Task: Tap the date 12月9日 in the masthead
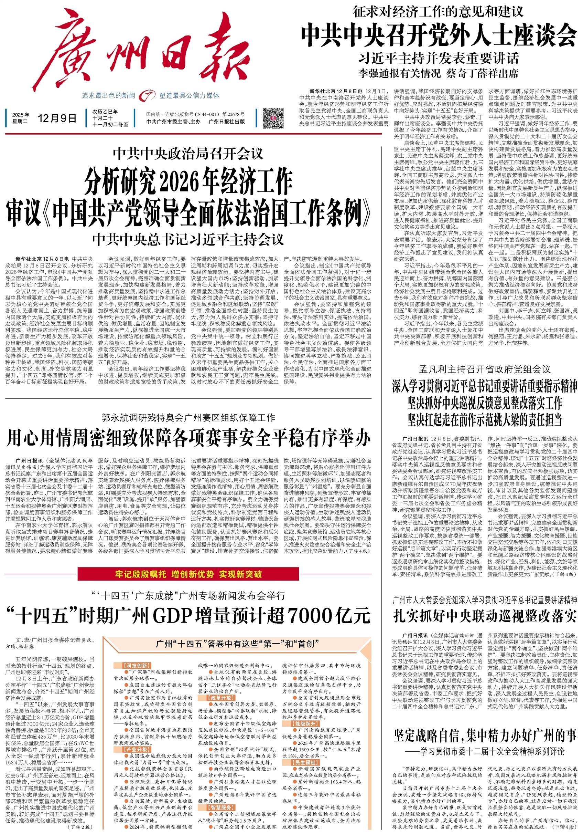57,118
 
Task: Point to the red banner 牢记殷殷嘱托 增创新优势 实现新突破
188,574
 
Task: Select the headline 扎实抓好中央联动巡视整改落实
485,616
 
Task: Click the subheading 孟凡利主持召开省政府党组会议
485,369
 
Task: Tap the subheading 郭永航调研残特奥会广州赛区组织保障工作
188,418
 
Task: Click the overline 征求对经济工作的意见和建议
438,12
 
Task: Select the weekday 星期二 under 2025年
20,121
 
